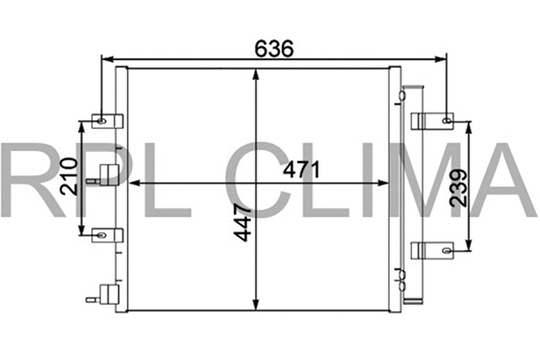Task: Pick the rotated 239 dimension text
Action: [x=458, y=188]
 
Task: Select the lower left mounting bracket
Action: [x=103, y=235]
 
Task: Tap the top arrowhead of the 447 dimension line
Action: [x=258, y=72]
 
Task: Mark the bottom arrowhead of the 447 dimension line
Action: [x=258, y=305]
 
